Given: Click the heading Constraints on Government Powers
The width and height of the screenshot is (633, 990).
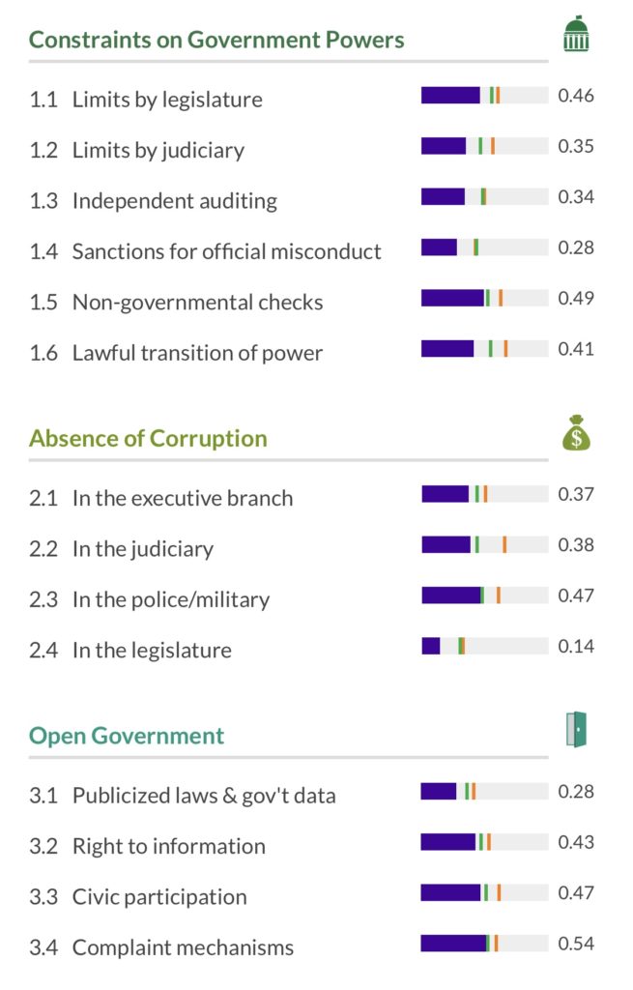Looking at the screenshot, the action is click(x=216, y=40).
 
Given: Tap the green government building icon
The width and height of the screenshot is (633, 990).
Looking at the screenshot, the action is click(x=576, y=34).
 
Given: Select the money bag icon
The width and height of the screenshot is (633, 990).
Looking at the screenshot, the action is click(x=576, y=433).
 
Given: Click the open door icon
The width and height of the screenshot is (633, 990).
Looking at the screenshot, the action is click(x=576, y=729).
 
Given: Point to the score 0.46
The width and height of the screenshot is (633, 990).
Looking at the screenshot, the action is click(x=576, y=96).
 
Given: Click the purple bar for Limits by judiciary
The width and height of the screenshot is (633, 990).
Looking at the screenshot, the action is click(x=444, y=146).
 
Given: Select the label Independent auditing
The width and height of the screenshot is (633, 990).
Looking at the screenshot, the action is click(x=175, y=201).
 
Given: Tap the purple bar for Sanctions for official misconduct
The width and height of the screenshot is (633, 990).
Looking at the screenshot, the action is click(x=440, y=247).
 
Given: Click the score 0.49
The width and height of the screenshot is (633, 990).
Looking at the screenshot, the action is click(x=576, y=298).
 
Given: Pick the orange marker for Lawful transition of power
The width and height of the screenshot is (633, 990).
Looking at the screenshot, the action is click(x=505, y=348).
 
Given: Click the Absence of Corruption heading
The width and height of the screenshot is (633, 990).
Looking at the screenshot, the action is click(x=148, y=438).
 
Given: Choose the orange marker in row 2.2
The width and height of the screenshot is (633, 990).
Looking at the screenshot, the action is click(x=504, y=544).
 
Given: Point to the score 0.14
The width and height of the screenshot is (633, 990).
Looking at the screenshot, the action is click(x=576, y=646).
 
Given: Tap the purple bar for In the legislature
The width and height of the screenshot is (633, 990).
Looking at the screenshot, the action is click(x=431, y=646).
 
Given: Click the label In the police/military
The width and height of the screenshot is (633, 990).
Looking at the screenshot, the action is click(x=171, y=599).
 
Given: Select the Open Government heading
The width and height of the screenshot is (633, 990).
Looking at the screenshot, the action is click(x=127, y=736).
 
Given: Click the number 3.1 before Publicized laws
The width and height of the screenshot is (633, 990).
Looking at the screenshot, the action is click(x=43, y=796).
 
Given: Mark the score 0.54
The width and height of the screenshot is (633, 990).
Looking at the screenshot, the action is click(x=576, y=944).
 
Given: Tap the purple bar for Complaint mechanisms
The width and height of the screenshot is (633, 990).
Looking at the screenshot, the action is click(x=454, y=944).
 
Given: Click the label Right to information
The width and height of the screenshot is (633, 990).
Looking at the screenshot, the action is click(x=169, y=846).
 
